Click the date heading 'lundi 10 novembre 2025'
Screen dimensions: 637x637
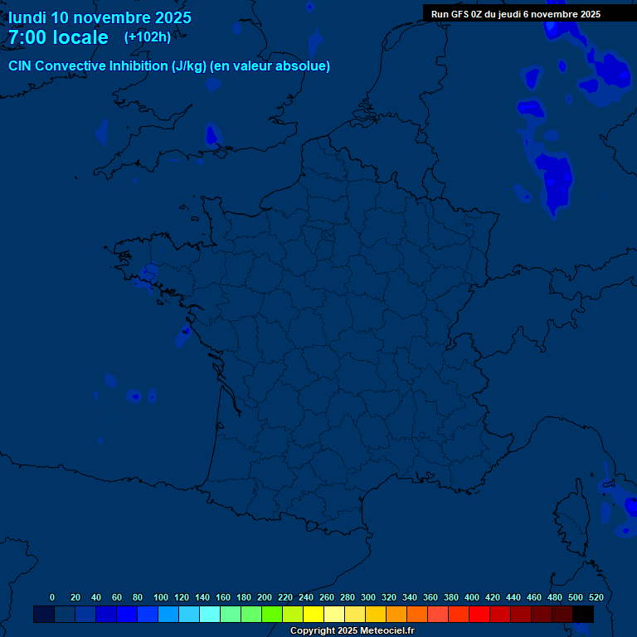coord(100,17)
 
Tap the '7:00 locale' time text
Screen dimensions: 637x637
coord(58,37)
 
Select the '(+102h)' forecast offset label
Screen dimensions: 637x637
coord(148,36)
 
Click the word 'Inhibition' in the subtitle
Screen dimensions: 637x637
coord(139,66)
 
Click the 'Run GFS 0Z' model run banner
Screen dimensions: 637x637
coord(516,14)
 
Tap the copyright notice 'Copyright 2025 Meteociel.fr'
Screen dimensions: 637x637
coord(352,631)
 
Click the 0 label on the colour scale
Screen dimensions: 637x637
coord(52,597)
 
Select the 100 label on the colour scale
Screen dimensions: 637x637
coord(161,597)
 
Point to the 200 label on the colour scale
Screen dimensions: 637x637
coord(265,597)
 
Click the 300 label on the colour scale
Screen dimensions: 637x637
coord(368,597)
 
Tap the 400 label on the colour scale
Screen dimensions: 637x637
coord(472,597)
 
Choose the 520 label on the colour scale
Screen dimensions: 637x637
coord(596,597)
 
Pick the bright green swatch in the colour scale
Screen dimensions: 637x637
coord(272,614)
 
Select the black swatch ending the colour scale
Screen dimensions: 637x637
coord(583,614)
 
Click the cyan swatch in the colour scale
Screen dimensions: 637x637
coord(210,614)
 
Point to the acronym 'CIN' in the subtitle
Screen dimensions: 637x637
coord(20,66)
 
